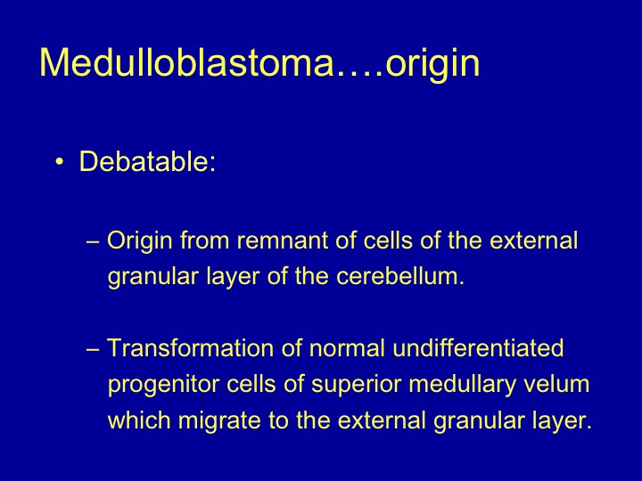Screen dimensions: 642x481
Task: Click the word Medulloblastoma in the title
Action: click(x=187, y=62)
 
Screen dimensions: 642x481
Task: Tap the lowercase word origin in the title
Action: click(x=432, y=65)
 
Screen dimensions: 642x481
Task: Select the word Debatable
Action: click(x=144, y=161)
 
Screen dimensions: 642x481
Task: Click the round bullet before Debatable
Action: click(x=60, y=162)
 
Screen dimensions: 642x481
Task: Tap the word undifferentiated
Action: click(x=478, y=348)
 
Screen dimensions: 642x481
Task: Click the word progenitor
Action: click(x=163, y=386)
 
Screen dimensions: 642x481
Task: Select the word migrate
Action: click(x=219, y=422)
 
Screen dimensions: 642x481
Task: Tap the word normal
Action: click(x=347, y=348)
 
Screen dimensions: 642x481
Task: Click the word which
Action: click(x=139, y=420)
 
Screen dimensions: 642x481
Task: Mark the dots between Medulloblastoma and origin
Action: click(x=360, y=74)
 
